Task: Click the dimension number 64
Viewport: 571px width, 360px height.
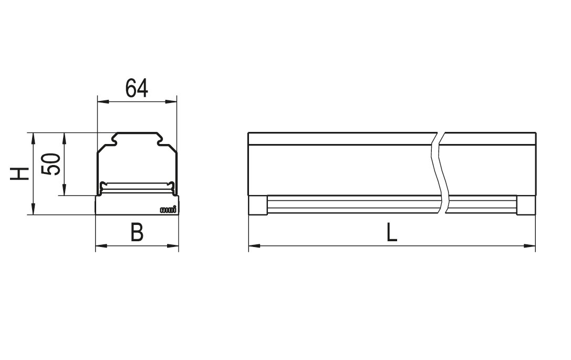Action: [137, 88]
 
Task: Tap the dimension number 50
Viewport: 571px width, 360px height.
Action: [50, 164]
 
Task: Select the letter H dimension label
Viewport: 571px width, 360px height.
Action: [19, 174]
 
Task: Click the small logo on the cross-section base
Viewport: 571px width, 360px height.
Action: [168, 210]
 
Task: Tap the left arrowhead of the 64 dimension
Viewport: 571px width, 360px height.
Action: [103, 101]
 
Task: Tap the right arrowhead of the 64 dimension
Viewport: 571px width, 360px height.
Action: [171, 101]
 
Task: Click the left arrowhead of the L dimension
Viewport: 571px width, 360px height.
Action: [254, 245]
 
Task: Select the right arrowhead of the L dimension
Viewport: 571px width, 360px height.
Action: [530, 245]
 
